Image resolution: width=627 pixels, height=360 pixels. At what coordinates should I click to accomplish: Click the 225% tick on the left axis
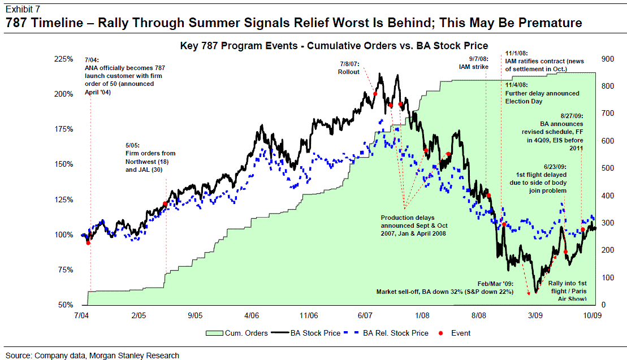tap(64, 59)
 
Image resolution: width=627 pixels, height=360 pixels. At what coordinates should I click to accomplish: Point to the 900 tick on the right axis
tap(607, 59)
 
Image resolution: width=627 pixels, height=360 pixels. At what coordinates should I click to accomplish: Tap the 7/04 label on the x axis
tap(81, 316)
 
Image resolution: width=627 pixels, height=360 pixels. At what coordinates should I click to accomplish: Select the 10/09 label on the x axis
tap(592, 316)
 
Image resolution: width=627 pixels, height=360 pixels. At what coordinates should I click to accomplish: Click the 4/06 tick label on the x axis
tap(252, 316)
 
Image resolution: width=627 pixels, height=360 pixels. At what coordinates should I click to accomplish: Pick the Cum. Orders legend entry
tap(237, 333)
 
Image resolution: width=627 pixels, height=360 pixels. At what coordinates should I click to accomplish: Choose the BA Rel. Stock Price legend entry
tap(391, 333)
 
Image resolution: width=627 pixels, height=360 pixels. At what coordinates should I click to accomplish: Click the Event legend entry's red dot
tap(441, 333)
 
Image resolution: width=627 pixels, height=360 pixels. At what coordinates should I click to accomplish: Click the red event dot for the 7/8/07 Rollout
tap(375, 94)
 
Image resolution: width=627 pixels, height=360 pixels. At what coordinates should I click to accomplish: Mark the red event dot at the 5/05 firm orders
tap(165, 204)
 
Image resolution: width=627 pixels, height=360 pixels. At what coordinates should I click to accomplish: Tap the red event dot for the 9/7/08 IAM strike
tap(488, 196)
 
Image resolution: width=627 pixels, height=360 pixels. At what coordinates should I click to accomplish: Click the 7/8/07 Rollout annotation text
tap(349, 68)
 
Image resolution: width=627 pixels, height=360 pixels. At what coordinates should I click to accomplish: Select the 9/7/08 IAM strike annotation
tap(474, 63)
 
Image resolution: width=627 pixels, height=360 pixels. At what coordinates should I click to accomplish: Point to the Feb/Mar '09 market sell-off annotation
tap(444, 288)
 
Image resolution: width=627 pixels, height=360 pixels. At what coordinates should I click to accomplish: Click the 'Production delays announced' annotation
tap(414, 225)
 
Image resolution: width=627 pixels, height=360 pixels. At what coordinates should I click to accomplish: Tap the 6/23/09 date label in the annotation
tap(555, 167)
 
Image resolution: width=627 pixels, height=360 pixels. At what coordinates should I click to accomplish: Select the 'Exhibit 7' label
tap(23, 9)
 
